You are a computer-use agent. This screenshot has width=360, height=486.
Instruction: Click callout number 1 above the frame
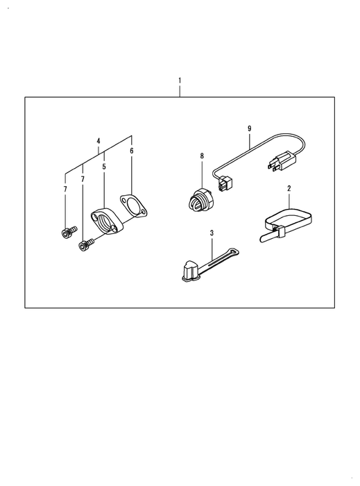(180, 81)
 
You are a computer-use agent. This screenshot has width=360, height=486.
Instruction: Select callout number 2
(289, 188)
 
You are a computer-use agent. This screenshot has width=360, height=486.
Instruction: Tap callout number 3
(212, 233)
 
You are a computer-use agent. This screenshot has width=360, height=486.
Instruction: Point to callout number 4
(98, 141)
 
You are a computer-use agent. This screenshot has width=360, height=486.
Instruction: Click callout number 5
(104, 167)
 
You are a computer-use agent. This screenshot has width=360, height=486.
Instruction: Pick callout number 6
(132, 151)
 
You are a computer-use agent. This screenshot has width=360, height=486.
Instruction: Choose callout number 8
(202, 156)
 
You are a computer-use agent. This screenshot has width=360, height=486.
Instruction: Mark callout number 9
(250, 128)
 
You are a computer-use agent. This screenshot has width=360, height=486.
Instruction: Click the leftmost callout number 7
(65, 189)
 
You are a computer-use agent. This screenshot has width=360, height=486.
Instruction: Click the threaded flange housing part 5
(108, 221)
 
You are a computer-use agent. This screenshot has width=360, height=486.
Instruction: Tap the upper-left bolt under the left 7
(69, 232)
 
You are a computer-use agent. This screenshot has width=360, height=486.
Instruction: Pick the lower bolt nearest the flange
(87, 245)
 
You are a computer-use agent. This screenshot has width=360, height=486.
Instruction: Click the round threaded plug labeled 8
(200, 201)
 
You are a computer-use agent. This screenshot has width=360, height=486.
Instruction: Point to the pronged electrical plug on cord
(282, 161)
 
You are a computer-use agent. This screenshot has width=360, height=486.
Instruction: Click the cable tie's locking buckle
(280, 231)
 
